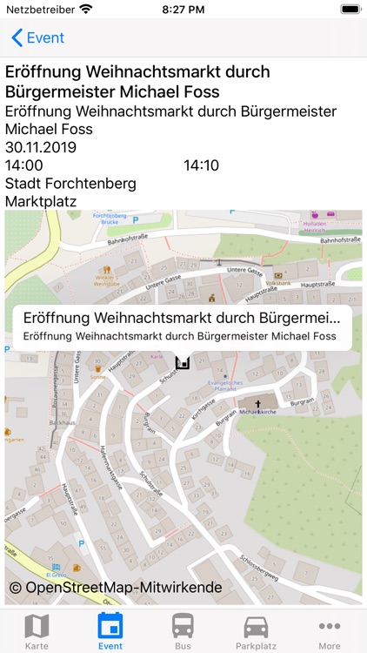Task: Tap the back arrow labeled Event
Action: click(x=37, y=38)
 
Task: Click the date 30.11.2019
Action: click(x=41, y=147)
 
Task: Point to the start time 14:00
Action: click(x=23, y=165)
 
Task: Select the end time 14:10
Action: click(x=201, y=165)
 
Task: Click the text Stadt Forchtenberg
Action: click(x=70, y=184)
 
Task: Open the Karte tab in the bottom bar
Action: click(x=37, y=631)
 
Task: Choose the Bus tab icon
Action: click(x=183, y=631)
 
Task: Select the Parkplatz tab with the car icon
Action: click(x=256, y=631)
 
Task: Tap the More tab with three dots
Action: click(x=329, y=631)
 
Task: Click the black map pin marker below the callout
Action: click(x=183, y=362)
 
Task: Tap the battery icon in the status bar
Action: click(x=350, y=9)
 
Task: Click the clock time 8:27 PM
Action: click(x=183, y=9)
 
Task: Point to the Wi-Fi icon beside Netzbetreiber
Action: click(x=85, y=9)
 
